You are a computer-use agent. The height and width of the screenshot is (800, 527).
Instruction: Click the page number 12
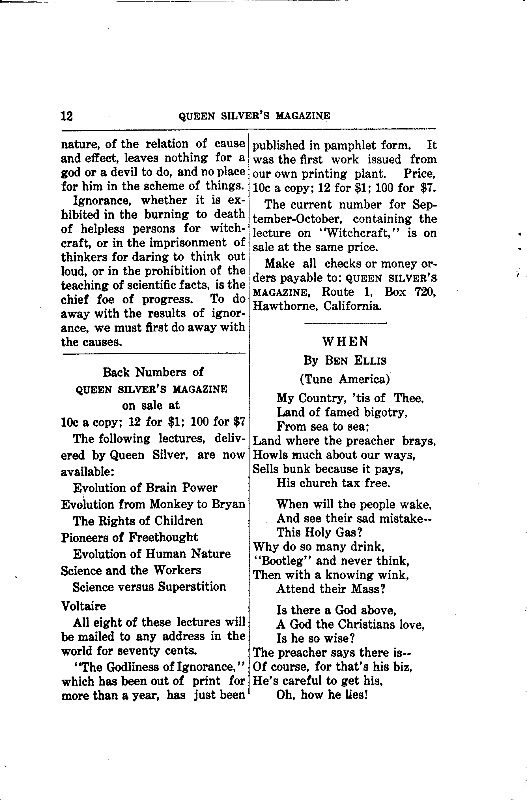[x=66, y=116]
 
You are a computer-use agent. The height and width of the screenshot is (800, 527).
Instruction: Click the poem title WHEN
[x=345, y=341]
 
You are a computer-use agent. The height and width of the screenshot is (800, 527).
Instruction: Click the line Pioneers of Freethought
[x=129, y=537]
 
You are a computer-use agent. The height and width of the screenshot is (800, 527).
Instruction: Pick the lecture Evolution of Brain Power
[x=145, y=488]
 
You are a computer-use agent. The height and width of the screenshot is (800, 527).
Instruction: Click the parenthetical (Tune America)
[x=345, y=379]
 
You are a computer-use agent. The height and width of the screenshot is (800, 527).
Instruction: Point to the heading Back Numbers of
[x=153, y=372]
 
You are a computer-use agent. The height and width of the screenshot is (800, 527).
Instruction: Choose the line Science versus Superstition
[x=150, y=587]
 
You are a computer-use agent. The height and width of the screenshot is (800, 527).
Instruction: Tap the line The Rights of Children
[x=138, y=521]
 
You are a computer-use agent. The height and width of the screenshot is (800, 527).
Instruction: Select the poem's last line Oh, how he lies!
[x=322, y=695]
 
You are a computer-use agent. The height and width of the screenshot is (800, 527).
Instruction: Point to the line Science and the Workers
[x=131, y=570]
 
